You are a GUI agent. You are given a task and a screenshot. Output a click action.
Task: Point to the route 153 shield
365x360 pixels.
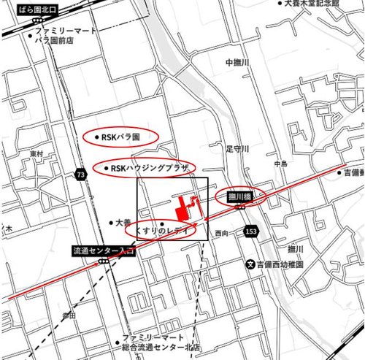tap(251, 231)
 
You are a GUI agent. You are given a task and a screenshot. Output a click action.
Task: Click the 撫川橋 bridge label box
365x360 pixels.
tap(240, 196)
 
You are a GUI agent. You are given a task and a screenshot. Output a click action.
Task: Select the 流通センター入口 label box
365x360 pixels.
tap(104, 250)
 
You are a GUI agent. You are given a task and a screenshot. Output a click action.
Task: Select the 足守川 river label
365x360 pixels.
tap(237, 148)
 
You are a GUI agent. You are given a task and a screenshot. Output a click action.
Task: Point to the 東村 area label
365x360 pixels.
tap(36, 154)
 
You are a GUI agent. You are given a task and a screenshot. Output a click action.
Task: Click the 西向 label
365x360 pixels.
tap(221, 233)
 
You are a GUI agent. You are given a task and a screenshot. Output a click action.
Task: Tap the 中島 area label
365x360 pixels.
tap(281, 164)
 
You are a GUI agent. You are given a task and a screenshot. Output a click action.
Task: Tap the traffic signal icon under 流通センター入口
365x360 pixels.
tap(104, 261)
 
